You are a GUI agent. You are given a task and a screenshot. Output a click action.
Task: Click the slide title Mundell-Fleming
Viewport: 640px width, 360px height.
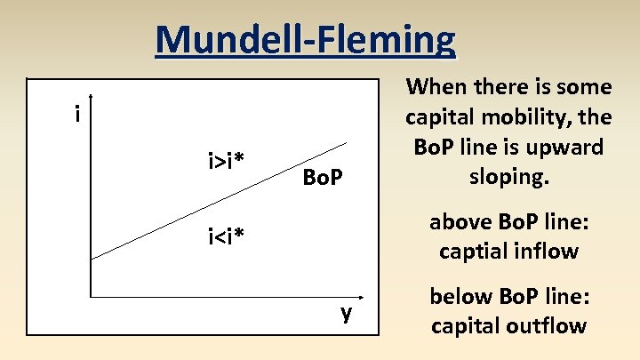coord(304,40)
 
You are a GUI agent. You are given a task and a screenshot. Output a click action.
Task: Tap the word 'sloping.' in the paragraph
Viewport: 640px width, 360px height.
coord(508,175)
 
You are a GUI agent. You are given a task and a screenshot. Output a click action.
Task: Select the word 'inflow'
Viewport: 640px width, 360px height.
coord(547,252)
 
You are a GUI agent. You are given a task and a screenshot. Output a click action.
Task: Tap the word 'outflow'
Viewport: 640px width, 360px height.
coord(548,325)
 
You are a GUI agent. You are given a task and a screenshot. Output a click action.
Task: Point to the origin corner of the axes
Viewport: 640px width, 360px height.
coord(91,293)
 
